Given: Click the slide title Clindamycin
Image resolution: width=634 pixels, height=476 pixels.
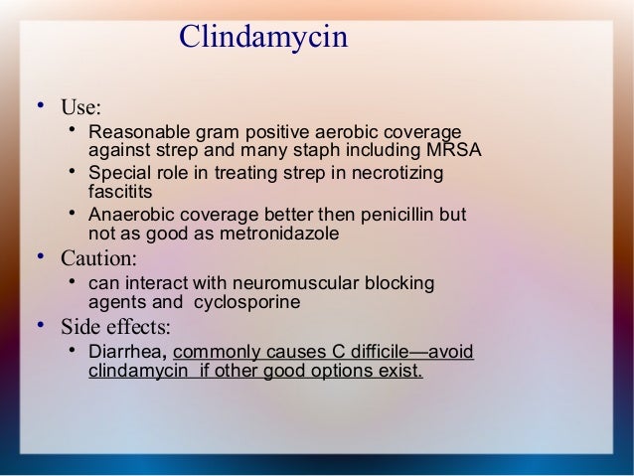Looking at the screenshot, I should coord(263,38).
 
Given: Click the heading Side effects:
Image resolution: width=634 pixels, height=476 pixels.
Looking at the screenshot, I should coord(115,327).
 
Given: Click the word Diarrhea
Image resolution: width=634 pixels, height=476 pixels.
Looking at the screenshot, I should coord(128,353).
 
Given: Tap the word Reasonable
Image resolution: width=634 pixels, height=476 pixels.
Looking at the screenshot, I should coord(134,132).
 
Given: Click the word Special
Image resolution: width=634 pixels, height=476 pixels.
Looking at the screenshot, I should coord(118,174).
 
